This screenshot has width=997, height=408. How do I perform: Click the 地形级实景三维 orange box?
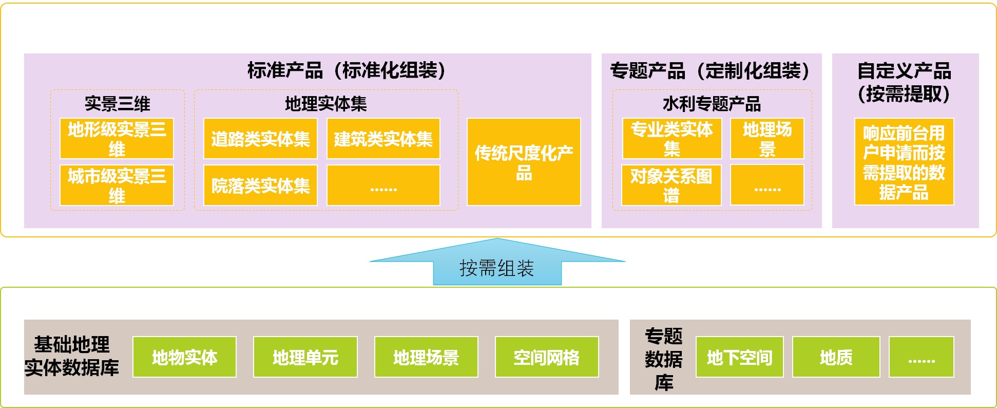[117, 138]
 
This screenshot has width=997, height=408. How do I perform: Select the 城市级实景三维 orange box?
[117, 185]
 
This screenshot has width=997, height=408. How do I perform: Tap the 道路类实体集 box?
[260, 138]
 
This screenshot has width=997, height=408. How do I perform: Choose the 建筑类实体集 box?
[384, 138]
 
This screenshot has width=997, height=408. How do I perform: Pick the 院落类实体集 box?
[260, 185]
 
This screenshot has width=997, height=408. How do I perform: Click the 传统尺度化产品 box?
[524, 162]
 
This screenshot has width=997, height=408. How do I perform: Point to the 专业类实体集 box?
[672, 138]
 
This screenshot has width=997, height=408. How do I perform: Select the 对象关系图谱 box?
[672, 185]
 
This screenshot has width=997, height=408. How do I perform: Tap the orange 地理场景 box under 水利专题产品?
[767, 138]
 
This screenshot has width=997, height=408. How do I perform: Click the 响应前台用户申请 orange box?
[904, 162]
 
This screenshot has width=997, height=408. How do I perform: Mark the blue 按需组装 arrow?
[497, 262]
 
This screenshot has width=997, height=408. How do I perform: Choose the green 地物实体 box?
[184, 357]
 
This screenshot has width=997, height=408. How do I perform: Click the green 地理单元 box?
[305, 357]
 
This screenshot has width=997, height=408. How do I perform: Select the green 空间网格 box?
[547, 357]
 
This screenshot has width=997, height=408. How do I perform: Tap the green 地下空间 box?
[740, 357]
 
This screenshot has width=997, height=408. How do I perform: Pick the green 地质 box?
[836, 357]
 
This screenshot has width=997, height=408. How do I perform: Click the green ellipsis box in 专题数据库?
[922, 357]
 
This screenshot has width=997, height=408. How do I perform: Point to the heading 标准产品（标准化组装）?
[347, 70]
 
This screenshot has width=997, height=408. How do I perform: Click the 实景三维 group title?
[118, 104]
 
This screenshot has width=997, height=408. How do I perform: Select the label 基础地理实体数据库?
[72, 356]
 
